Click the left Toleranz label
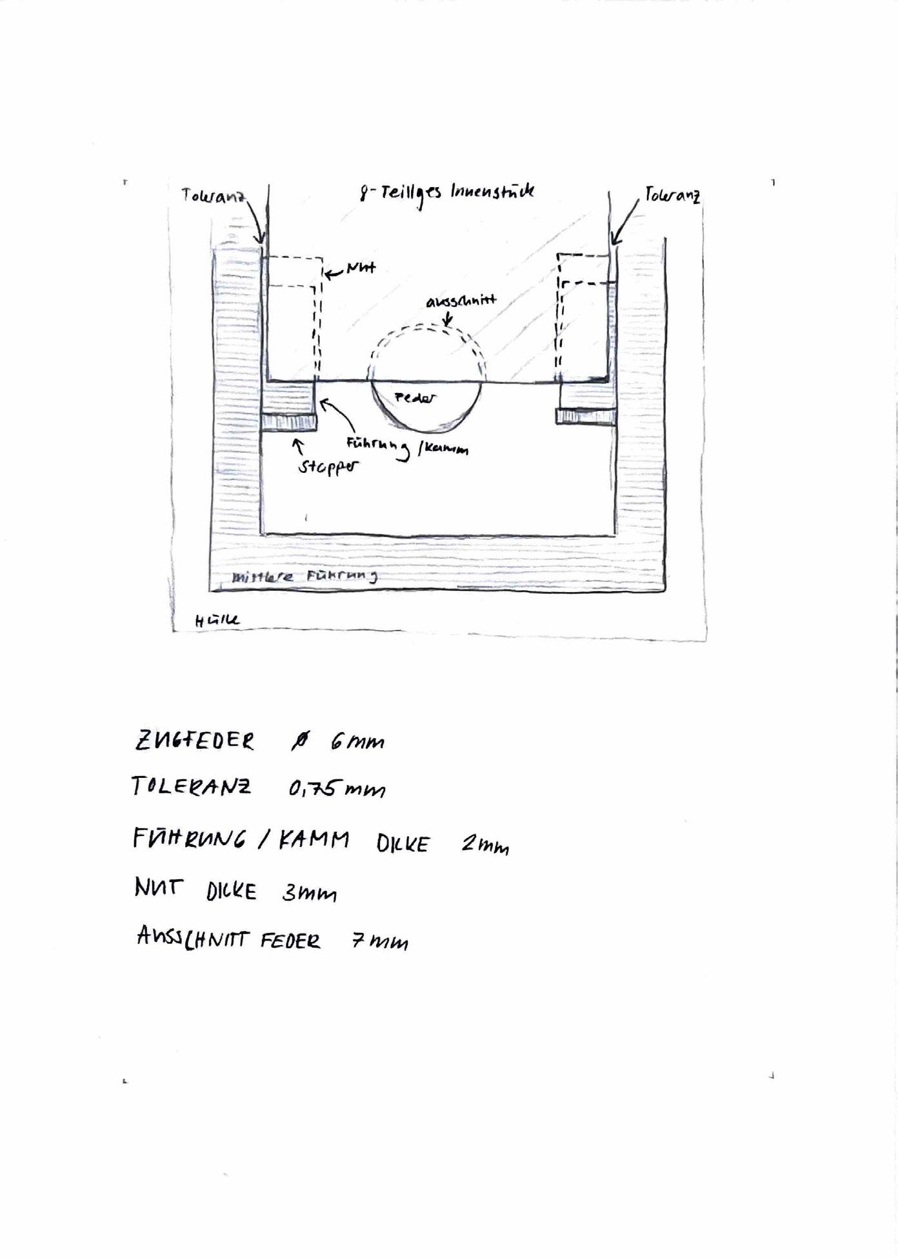[214, 195]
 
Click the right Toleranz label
[672, 195]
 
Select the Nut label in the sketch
[361, 268]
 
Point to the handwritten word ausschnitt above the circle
[461, 301]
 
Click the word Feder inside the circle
[415, 398]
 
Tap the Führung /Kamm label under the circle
[407, 446]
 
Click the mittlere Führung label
[304, 577]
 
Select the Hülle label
[217, 621]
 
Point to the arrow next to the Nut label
[333, 274]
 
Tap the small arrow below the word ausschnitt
[448, 319]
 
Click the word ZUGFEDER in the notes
[194, 741]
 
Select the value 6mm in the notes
[357, 743]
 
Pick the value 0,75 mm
[337, 788]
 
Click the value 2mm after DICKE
[485, 844]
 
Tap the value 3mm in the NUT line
[309, 893]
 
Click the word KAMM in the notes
[314, 840]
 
